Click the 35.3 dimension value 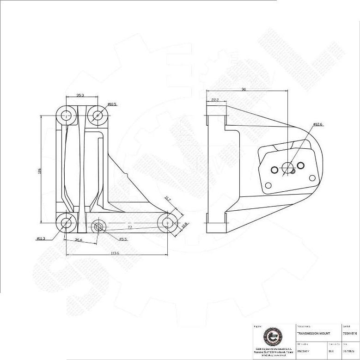(x=80, y=95)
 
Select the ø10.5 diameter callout (x=112, y=104)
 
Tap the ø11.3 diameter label (x=41, y=238)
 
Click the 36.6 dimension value (x=78, y=240)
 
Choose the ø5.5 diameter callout (x=123, y=239)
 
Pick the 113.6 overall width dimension (x=115, y=253)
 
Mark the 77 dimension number (x=130, y=228)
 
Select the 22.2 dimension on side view (x=215, y=99)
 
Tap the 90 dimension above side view (x=243, y=89)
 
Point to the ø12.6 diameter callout (x=318, y=124)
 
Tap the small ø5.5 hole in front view (x=98, y=226)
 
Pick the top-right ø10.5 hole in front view (x=97, y=114)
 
